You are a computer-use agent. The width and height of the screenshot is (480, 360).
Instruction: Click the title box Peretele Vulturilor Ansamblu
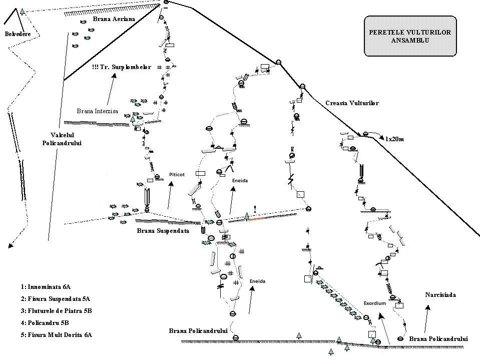pos(410,36)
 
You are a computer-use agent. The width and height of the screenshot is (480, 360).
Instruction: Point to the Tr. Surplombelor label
pos(122,67)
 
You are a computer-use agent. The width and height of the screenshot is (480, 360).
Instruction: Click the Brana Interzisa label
pos(97,111)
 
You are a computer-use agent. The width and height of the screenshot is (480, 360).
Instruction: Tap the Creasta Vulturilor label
pos(352,103)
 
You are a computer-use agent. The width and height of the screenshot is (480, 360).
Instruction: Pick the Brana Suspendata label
pos(163,231)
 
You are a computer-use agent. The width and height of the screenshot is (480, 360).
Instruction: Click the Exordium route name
pos(374,303)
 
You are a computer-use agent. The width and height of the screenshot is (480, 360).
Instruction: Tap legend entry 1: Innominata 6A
pos(46,287)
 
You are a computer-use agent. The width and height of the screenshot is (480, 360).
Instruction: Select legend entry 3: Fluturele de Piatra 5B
pos(57,311)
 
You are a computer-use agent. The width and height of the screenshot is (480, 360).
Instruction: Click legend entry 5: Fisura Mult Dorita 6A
pos(57,335)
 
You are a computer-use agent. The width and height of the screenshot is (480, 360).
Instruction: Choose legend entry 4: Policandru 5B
pos(45,323)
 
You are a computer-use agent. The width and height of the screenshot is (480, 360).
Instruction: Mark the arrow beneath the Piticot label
pos(170,195)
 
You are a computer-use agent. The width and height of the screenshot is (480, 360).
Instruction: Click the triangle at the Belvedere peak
pos(22,11)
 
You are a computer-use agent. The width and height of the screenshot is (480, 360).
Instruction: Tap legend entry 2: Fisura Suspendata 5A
pos(55,299)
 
